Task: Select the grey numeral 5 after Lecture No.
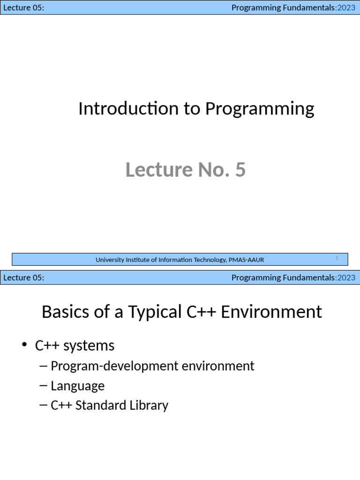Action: [240, 170]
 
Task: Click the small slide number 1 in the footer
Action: [337, 258]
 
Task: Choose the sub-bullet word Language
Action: [77, 386]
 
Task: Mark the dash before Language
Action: [44, 386]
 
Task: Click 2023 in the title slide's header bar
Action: [346, 7]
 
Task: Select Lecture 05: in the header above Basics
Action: [24, 277]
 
